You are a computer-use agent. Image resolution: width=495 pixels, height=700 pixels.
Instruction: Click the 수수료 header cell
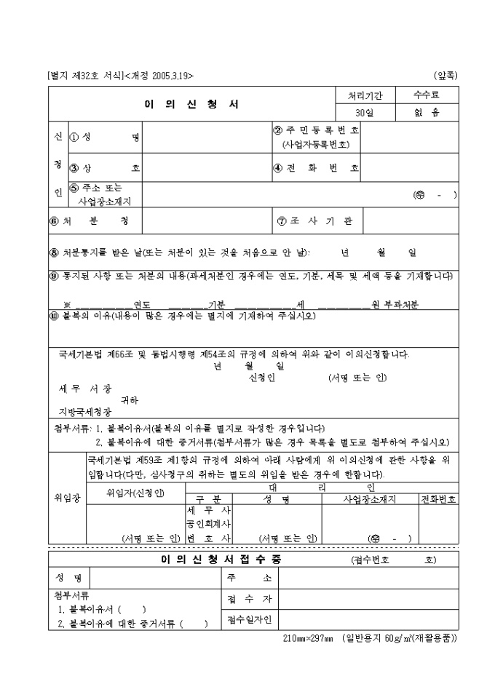(x=426, y=95)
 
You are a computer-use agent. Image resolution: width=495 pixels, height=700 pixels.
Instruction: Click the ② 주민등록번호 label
(x=315, y=131)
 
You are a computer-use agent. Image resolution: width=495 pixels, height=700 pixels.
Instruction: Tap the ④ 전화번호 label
(x=315, y=168)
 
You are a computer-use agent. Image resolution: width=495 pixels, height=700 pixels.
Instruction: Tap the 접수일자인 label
(x=249, y=620)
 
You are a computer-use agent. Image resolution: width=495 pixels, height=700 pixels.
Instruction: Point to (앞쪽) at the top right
(x=445, y=75)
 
